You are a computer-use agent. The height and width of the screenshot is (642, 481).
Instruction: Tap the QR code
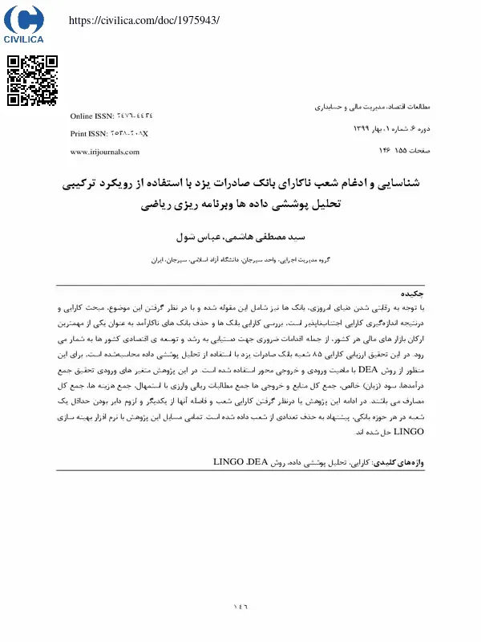tap(33, 80)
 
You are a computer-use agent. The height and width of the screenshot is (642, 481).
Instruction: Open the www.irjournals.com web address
tap(105, 152)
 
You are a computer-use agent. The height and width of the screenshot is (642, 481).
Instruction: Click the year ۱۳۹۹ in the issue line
tap(362, 128)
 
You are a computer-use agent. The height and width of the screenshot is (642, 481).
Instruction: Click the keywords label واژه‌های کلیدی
tap(409, 463)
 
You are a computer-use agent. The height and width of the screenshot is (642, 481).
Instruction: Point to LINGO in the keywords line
tap(232, 463)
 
